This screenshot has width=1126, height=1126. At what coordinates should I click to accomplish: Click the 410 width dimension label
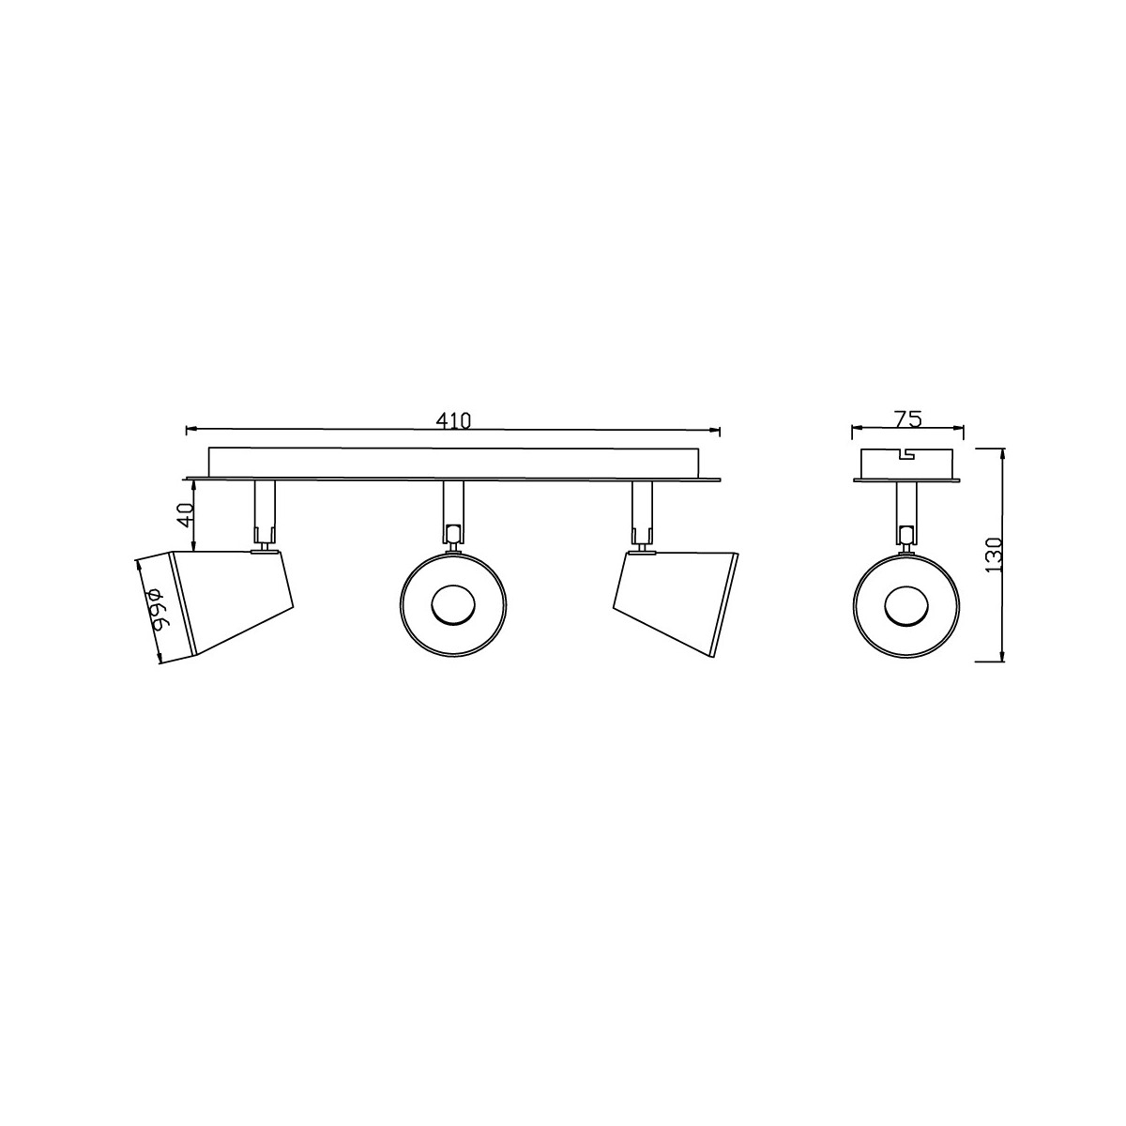click(x=453, y=420)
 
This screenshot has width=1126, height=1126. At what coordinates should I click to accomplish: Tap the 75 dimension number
click(x=907, y=418)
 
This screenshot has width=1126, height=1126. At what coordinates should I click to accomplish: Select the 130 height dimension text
click(x=994, y=555)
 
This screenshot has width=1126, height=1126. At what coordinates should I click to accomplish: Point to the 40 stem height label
click(x=185, y=515)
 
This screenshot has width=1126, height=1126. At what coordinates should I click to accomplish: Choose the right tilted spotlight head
click(x=676, y=602)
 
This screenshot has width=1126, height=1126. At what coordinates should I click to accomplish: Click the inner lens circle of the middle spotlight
click(x=453, y=605)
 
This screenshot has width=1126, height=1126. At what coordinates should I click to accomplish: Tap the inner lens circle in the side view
click(x=905, y=605)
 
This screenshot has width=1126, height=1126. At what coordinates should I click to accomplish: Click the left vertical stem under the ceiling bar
click(x=264, y=511)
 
